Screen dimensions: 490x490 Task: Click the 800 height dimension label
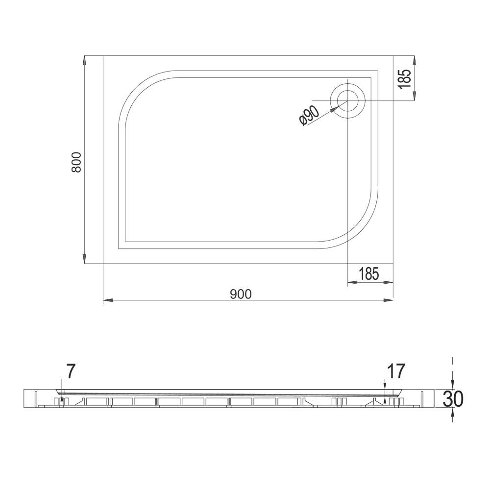point(76,162)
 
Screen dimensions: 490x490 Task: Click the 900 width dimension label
point(241,294)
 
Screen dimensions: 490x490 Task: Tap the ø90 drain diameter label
point(309,116)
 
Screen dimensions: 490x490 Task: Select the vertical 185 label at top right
point(405,79)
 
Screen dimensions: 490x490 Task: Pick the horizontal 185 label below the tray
point(369,274)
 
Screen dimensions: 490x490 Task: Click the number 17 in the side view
point(396,371)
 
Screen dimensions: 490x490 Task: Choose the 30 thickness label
point(453,399)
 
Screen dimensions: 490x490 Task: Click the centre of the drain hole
point(348,100)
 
